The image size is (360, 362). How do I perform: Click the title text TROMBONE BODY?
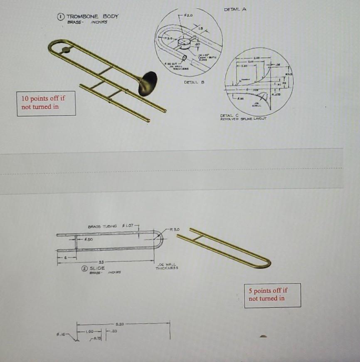93,16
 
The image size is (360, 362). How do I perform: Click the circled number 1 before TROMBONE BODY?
61,16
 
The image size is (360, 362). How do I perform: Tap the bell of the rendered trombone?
149,83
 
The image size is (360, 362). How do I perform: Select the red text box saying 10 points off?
46,103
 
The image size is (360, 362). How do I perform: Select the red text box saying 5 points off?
272,295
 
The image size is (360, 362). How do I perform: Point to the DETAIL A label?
235,9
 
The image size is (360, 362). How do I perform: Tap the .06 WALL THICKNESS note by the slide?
167,266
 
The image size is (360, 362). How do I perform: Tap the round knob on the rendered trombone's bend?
65,50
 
